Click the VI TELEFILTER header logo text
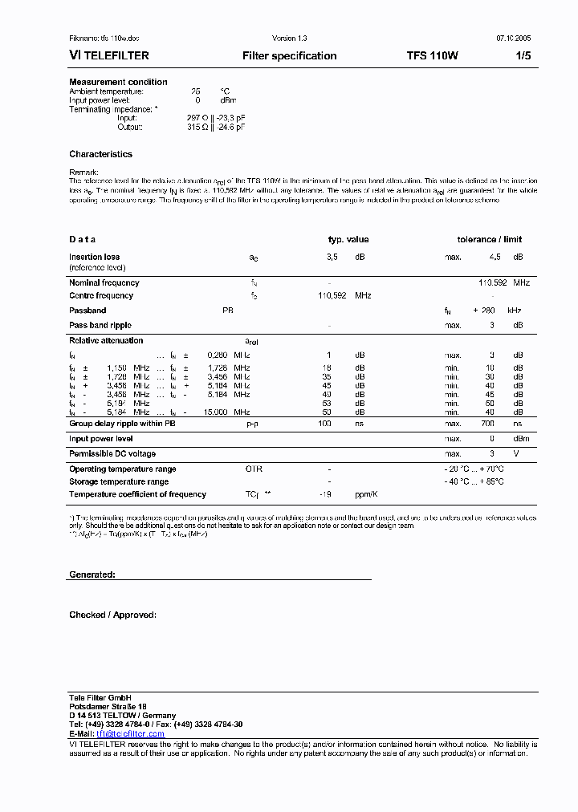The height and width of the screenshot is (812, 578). [109, 56]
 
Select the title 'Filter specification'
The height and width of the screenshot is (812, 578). [289, 56]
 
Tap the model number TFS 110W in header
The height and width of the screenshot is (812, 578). [433, 56]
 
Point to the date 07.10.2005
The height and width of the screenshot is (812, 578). [513, 38]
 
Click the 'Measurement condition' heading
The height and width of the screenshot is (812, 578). [118, 82]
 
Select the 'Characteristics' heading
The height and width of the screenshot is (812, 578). [100, 154]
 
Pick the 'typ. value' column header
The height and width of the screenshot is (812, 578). [348, 239]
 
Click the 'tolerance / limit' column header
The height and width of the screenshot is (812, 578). [490, 239]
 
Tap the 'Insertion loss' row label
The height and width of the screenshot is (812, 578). [95, 257]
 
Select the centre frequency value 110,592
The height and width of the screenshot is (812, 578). [332, 296]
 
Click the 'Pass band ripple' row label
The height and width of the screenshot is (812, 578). [100, 325]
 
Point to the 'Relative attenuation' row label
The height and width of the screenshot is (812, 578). [106, 340]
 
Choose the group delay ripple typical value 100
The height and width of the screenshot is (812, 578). [324, 423]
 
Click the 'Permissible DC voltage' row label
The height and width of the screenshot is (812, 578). [112, 454]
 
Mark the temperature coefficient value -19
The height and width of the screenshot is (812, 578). [325, 494]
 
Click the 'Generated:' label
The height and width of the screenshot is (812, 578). [92, 575]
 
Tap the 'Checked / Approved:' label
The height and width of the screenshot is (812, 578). [112, 615]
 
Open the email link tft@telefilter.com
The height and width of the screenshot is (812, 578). [130, 733]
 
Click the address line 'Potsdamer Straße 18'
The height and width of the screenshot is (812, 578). [108, 706]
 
